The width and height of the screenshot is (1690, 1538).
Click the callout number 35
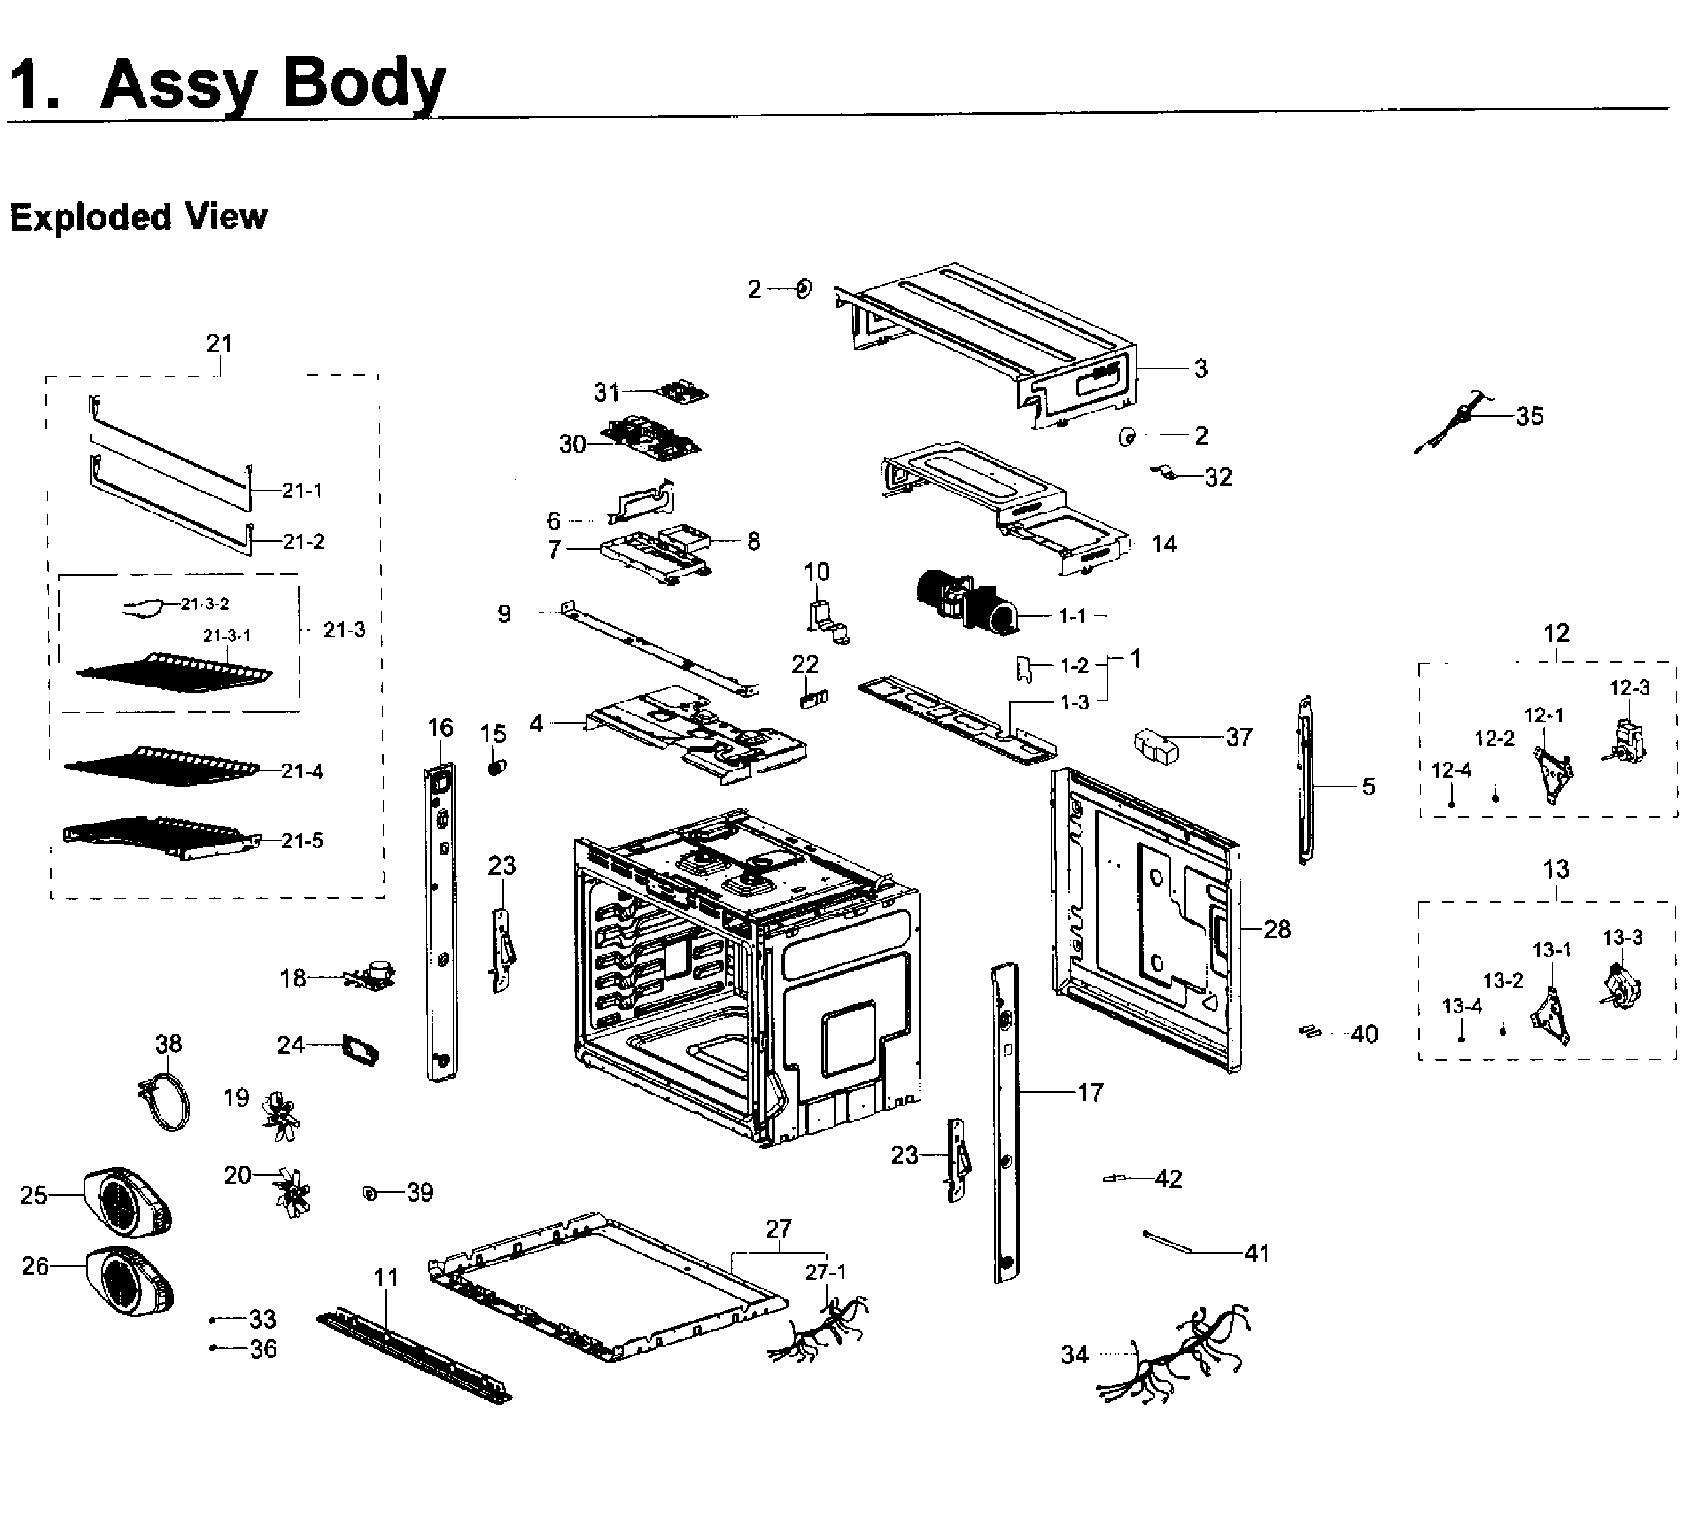[x=1529, y=416]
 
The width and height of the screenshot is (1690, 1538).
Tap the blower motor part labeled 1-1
[x=964, y=600]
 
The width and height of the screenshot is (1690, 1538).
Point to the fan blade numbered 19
[x=280, y=1115]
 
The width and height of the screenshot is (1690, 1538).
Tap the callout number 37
[x=1238, y=737]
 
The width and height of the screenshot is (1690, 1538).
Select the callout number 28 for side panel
[x=1276, y=929]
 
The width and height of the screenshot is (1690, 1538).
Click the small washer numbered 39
[x=369, y=1192]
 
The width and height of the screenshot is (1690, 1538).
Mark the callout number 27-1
[x=826, y=1272]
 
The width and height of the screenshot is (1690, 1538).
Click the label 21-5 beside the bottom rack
[x=302, y=840]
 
